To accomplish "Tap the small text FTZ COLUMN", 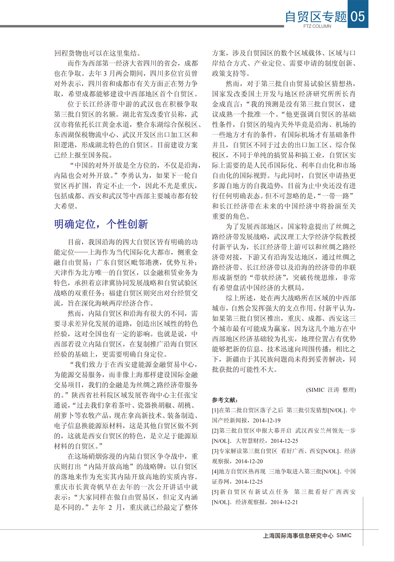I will click(x=317, y=26).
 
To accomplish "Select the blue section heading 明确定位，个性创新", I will click(x=101, y=224).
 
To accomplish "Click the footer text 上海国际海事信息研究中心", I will click(x=298, y=536).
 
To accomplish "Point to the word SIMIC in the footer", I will click(x=344, y=535).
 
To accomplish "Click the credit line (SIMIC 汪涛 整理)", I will click(x=331, y=390).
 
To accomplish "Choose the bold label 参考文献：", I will click(x=225, y=400).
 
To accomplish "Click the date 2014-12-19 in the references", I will click(x=267, y=420).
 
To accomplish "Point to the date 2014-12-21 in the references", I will click(x=284, y=502).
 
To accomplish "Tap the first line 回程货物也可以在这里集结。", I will click(x=98, y=53).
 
